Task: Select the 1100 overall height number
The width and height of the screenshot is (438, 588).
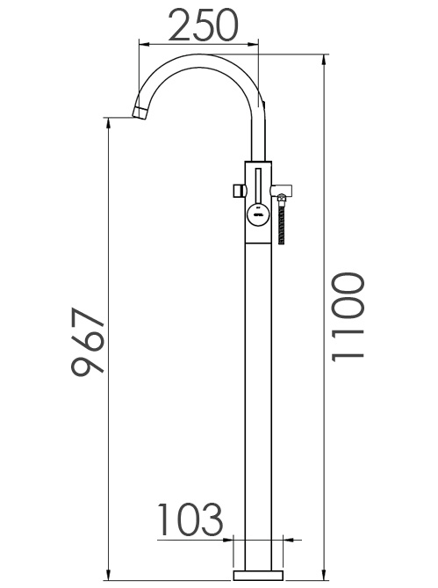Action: click(348, 316)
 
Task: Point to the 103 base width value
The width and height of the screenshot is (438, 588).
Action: click(190, 521)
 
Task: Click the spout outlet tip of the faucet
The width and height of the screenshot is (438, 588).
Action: click(140, 111)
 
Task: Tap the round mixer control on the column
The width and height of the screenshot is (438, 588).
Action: click(256, 212)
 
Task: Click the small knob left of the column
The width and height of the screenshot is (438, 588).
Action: click(237, 190)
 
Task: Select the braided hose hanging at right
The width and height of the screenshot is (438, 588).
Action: click(282, 225)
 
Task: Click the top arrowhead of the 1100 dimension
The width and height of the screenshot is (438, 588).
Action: click(325, 59)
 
